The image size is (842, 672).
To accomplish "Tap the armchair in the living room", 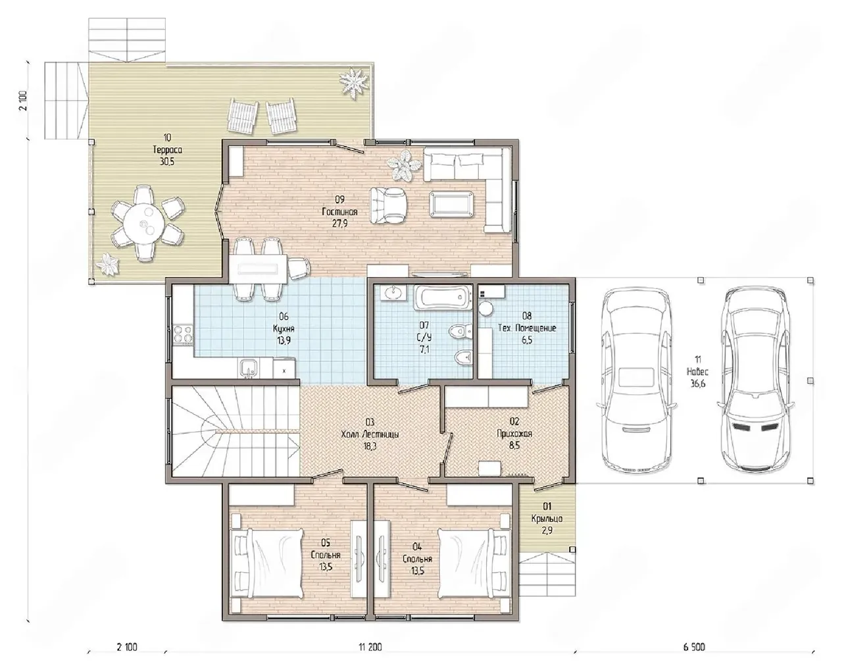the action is [x=388, y=205].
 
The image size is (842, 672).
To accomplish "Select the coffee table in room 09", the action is [x=451, y=203].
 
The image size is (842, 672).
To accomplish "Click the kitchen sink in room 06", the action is [x=249, y=369].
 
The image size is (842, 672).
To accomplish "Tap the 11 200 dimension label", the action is [x=370, y=647].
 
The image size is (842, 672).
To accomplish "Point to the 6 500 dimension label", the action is [x=694, y=647].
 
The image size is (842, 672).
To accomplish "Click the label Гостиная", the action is [x=339, y=212].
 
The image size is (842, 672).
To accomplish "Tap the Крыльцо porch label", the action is [x=547, y=519].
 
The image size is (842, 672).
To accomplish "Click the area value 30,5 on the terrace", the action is [x=167, y=161].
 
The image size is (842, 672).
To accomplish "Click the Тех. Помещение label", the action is [x=527, y=328].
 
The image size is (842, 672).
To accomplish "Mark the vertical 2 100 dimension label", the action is [x=24, y=101].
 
